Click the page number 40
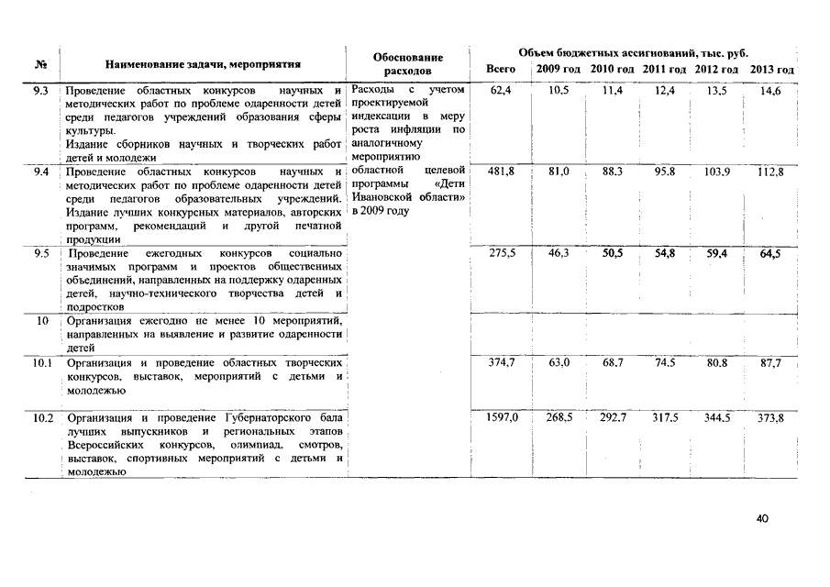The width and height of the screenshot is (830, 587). click(762, 518)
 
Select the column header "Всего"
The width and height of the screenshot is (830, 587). click(500, 70)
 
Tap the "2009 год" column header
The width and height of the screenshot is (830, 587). click(558, 70)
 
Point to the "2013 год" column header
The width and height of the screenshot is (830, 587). click(771, 70)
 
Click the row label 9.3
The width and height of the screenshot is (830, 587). click(40, 91)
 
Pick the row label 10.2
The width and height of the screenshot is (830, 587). click(42, 418)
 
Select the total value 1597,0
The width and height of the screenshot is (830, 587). click(502, 418)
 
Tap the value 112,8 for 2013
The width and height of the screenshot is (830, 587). click(770, 172)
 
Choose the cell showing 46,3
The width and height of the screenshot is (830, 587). click(559, 252)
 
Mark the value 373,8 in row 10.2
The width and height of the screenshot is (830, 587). click(770, 418)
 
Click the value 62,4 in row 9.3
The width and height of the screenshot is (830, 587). click(502, 91)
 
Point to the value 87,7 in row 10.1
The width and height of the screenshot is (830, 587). click(770, 363)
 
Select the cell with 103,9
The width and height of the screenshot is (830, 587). click(717, 172)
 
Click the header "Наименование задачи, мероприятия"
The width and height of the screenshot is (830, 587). click(203, 64)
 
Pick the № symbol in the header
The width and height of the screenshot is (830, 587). click(41, 64)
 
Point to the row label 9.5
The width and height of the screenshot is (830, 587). click(40, 252)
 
